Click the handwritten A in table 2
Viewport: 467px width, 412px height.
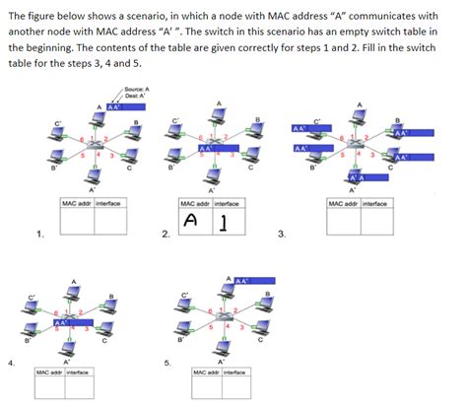[193, 222]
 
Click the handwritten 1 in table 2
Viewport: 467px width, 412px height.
[225, 223]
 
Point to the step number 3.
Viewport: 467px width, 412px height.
[282, 234]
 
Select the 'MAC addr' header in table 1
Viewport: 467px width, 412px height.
[77, 202]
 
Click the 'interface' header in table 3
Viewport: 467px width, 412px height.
[374, 203]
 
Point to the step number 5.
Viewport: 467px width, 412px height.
[167, 363]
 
